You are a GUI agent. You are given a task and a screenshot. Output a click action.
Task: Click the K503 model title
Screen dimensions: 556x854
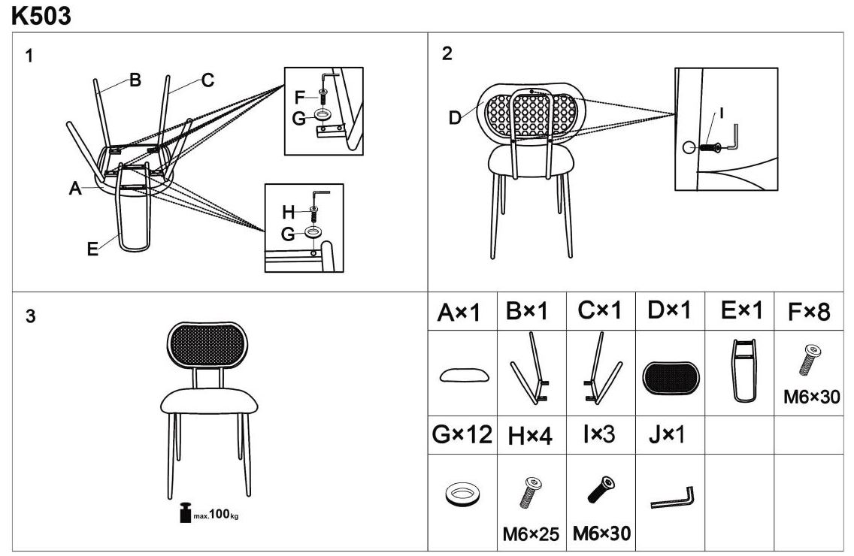[41, 16]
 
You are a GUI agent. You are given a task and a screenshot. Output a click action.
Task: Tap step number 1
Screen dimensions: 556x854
[29, 56]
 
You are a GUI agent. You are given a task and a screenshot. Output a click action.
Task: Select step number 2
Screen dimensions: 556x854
[447, 53]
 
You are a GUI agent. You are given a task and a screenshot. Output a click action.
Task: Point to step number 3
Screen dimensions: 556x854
[30, 316]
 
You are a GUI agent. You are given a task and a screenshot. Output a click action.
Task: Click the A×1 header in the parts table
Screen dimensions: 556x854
[459, 312]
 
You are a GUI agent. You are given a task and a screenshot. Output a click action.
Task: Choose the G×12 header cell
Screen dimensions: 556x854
[462, 434]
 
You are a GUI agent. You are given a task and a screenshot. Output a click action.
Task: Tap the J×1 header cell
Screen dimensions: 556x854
[667, 434]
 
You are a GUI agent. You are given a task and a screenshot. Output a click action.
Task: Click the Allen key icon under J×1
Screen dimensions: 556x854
[672, 498]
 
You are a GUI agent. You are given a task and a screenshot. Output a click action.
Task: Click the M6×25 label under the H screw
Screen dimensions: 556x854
[531, 534]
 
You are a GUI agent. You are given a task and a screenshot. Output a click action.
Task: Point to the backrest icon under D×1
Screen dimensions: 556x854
[671, 377]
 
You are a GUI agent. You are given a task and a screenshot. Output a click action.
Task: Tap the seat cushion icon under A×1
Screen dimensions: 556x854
[462, 375]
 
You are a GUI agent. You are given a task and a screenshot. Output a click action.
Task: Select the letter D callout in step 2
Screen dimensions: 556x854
[454, 118]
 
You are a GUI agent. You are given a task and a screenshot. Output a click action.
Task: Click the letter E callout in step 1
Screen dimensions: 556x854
[92, 249]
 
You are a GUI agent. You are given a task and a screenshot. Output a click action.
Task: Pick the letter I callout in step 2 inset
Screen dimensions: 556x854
[721, 113]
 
